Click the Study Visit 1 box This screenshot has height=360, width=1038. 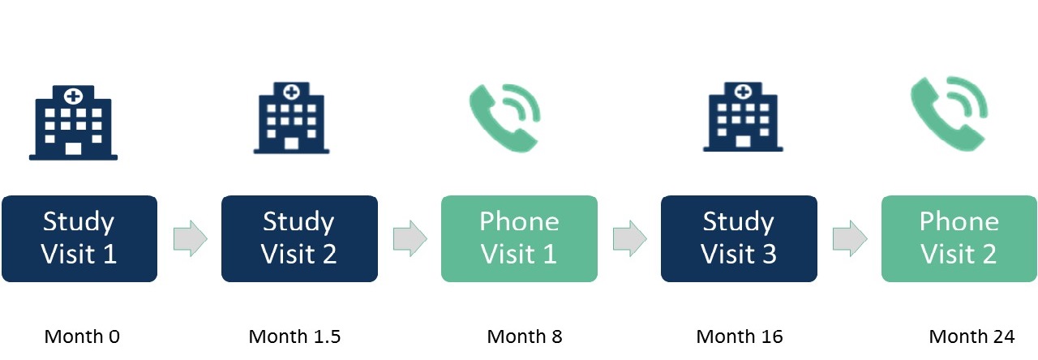coord(79,238)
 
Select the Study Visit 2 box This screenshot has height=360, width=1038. coord(299,238)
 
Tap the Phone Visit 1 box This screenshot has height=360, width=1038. coord(519,238)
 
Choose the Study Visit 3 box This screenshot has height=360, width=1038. coord(739,238)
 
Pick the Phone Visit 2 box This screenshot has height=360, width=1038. coord(959,238)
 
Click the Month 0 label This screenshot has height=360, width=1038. coord(82,336)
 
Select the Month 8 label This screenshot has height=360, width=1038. coord(524,336)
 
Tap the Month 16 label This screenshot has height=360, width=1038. coord(740,336)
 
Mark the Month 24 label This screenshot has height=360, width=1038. coord(971,336)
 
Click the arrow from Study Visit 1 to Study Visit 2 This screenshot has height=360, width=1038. coord(190,239)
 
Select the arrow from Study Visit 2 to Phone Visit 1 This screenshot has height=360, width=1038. coord(410,239)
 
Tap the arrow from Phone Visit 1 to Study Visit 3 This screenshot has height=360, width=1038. coord(629,239)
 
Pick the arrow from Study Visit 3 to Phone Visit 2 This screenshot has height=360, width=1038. coord(849,239)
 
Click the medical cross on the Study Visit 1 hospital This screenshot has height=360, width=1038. coord(73,96)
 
